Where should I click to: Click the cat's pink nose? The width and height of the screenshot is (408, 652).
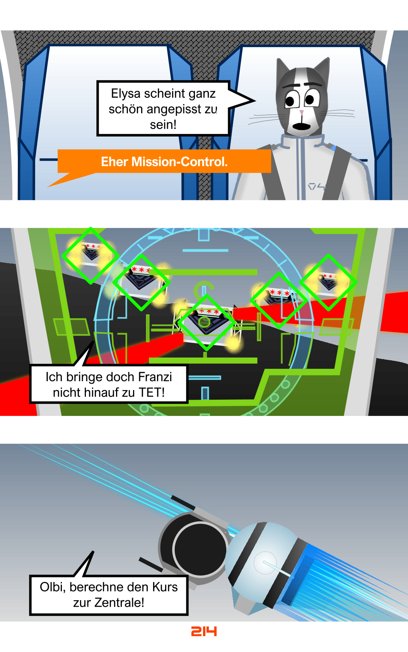click(302, 112)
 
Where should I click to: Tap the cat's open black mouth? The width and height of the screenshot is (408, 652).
click(301, 126)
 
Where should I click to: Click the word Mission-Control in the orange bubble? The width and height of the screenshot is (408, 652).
click(179, 161)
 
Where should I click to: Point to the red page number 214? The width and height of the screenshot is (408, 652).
click(204, 631)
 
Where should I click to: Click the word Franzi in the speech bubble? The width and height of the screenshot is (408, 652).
click(155, 377)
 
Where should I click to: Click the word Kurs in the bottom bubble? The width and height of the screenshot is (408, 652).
click(165, 587)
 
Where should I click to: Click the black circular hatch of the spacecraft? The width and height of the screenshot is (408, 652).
click(200, 549)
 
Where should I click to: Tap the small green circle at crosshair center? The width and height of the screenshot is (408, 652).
click(204, 322)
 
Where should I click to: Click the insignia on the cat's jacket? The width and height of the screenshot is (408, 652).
click(316, 186)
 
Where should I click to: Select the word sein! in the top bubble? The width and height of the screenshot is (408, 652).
click(163, 125)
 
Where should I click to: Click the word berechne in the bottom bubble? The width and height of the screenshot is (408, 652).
click(99, 587)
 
